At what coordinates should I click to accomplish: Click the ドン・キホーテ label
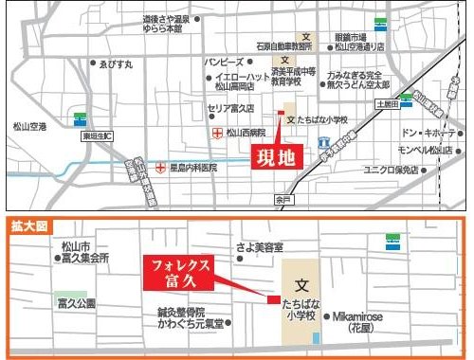[426, 132]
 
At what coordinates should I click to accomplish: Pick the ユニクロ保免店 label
[418, 170]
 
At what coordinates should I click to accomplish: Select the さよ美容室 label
[260, 247]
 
